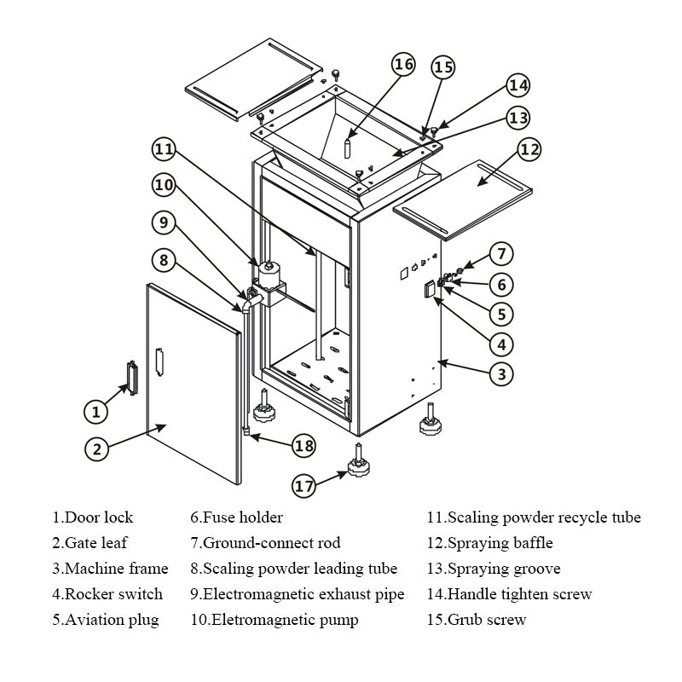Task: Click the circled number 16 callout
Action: pos(403,65)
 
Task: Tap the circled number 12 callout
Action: pos(529,150)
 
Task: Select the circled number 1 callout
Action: pos(96,412)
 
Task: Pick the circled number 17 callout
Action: pos(304,486)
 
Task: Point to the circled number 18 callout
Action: pos(303,444)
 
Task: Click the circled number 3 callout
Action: pos(502,373)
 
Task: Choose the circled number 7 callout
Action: pos(502,254)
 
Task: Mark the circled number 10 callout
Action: pos(165,183)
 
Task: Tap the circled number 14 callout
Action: pos(518,85)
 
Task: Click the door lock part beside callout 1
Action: pos(130,377)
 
